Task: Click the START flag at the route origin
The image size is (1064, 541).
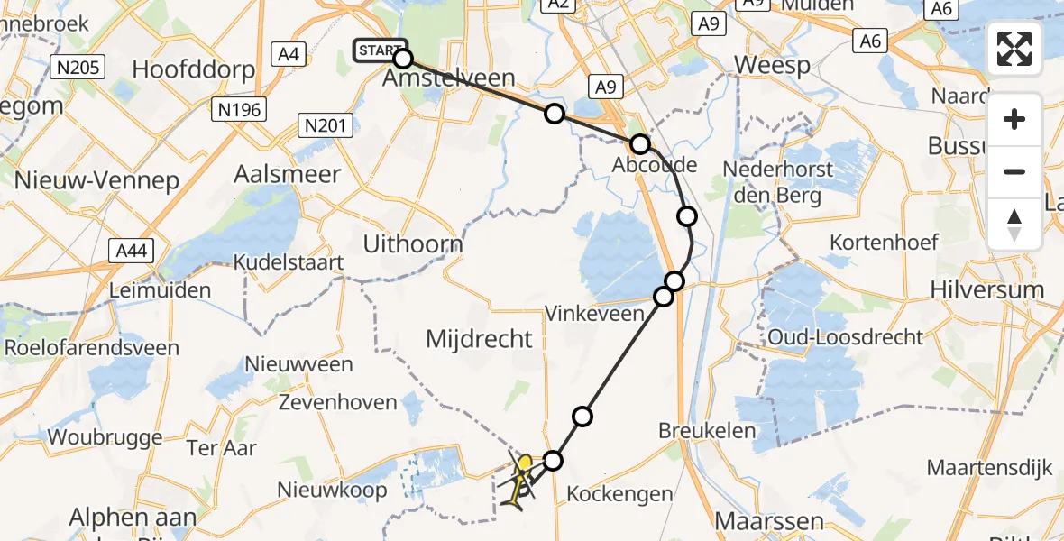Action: pos(380,50)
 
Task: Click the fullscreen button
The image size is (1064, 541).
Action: pos(1014,49)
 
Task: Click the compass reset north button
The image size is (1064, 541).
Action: pos(1014,225)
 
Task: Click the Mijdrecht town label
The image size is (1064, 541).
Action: pos(480,339)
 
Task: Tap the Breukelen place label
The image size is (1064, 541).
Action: pos(707,430)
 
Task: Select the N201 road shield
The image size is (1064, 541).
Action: pos(326,125)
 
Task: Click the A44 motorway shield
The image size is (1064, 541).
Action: pos(131,251)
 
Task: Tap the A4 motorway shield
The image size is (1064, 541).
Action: pos(289,54)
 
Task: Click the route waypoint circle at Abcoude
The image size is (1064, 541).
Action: pos(639,144)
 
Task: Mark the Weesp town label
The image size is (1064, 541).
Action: pos(772,65)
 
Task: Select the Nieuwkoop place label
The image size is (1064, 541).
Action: pos(333,490)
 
